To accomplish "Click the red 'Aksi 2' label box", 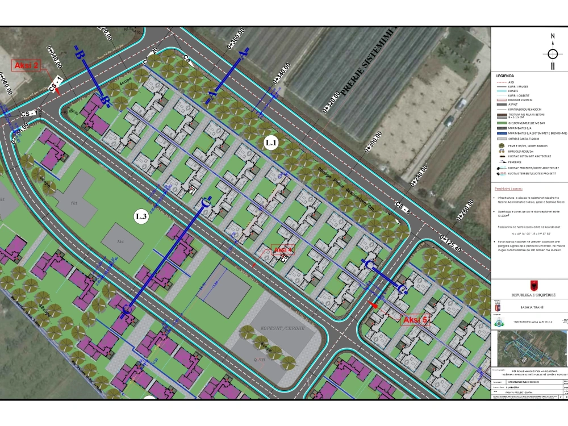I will point(26,66).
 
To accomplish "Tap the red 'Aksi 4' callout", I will point(282,250).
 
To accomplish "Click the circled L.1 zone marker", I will point(270,144).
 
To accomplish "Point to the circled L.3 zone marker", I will point(141,216).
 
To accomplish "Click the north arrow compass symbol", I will point(552,55).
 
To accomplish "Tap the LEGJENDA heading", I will point(505,76).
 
